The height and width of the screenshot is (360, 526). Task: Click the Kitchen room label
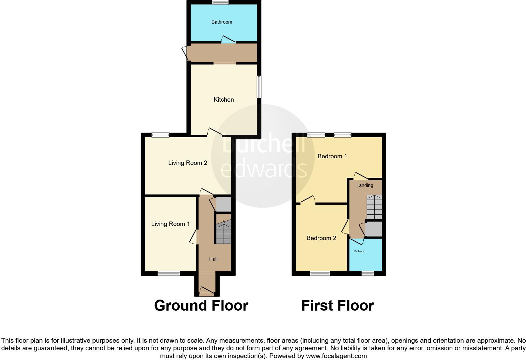pos(224,100)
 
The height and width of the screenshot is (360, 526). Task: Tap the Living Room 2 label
pos(187,163)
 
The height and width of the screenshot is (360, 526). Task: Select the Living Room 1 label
pos(170,224)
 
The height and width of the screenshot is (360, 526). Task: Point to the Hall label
pos(213,259)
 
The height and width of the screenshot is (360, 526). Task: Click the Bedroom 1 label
pos(332,156)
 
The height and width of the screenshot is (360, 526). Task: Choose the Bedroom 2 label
pos(321,238)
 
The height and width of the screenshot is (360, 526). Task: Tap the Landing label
pos(365,185)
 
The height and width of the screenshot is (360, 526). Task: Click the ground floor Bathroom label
pos(222,22)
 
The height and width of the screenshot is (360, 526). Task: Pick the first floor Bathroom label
pos(360,251)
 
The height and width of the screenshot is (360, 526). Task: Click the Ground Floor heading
pos(201,306)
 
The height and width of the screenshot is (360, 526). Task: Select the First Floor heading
pos(338,306)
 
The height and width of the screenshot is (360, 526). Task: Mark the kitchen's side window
pos(259,87)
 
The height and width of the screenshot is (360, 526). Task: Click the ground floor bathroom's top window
pos(220,3)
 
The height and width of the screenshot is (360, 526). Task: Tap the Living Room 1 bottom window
pos(169,273)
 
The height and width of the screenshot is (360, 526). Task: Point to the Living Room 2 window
pos(160,135)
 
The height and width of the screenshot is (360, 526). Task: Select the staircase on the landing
pos(374,207)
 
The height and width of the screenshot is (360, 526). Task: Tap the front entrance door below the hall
pos(207,292)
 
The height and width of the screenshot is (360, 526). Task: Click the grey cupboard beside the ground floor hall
pos(223,204)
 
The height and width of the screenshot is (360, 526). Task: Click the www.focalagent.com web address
pos(336,356)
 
